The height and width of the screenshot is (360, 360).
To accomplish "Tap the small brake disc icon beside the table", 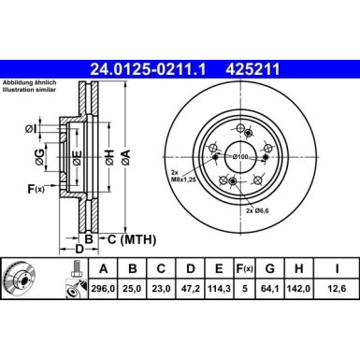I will click(x=20, y=279).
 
